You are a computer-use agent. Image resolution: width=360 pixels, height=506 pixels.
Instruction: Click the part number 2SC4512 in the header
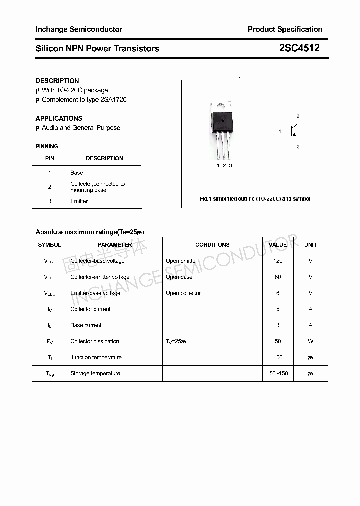coord(299,48)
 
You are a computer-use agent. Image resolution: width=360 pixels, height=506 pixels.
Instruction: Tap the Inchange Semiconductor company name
coord(79,29)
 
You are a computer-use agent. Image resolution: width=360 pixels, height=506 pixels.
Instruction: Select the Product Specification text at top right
coord(285,29)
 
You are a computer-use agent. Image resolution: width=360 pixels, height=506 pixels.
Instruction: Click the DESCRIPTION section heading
coord(57,81)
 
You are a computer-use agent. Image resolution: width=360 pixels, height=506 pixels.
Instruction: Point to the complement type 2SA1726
coord(113,100)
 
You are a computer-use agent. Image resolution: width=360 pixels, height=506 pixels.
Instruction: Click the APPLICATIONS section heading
coord(59,118)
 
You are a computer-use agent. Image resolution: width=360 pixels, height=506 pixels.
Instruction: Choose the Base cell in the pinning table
coord(77,173)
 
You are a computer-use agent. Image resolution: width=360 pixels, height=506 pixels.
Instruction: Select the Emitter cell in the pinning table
coord(79,201)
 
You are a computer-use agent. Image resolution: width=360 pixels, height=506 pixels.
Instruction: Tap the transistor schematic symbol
coord(293,131)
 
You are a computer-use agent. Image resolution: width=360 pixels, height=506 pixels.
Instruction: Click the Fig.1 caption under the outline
coord(255,199)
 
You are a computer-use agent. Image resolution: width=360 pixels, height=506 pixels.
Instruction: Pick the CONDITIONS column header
coord(212,245)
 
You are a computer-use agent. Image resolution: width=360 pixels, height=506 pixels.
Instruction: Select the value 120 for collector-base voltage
coord(278,261)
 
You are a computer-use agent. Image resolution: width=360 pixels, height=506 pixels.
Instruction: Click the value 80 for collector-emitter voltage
coord(278,277)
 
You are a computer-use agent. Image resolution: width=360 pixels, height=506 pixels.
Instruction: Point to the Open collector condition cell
coord(183,293)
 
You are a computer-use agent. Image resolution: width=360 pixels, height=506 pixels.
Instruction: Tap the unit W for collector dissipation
coord(310,341)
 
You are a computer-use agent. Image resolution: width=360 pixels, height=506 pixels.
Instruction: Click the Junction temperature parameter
coord(96,357)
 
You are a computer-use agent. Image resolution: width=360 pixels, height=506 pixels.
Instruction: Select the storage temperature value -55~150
coord(278,373)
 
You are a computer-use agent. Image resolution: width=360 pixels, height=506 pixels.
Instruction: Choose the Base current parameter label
coord(86,325)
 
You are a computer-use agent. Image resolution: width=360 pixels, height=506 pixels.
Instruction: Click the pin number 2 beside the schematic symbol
coord(298,117)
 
